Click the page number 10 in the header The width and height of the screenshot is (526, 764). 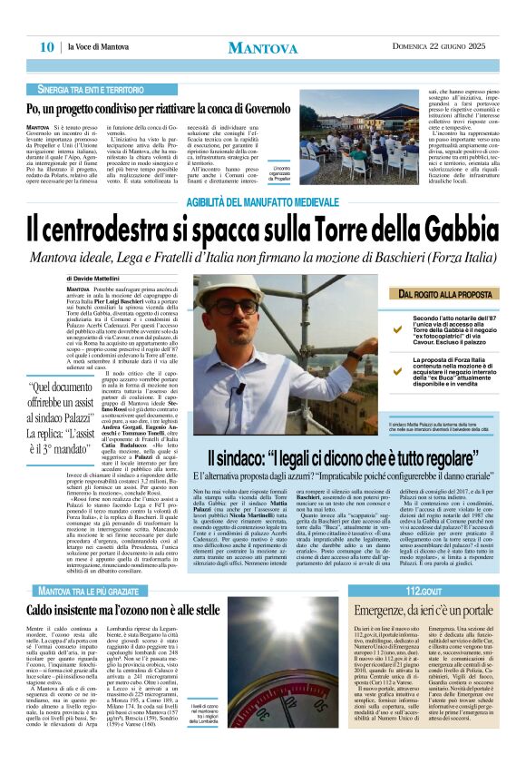click(46, 46)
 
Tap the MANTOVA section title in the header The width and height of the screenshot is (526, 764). click(263, 47)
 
